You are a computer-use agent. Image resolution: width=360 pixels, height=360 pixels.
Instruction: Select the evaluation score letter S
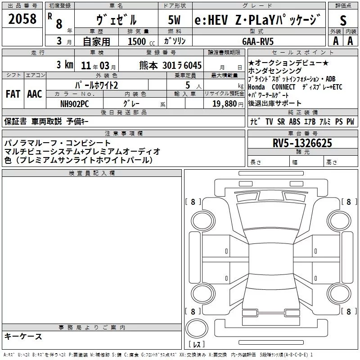click(x=343, y=20)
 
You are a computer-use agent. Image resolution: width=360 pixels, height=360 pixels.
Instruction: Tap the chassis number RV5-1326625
click(x=302, y=144)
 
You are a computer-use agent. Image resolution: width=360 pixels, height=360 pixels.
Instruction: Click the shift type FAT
click(x=13, y=94)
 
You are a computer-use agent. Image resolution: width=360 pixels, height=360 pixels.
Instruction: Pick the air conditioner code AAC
click(x=34, y=94)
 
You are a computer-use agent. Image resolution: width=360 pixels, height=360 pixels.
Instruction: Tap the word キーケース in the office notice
click(x=23, y=336)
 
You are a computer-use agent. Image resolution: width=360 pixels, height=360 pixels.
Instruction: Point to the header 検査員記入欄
click(x=92, y=173)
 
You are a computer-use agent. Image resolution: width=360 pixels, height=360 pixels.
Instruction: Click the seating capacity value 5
click(x=187, y=85)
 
